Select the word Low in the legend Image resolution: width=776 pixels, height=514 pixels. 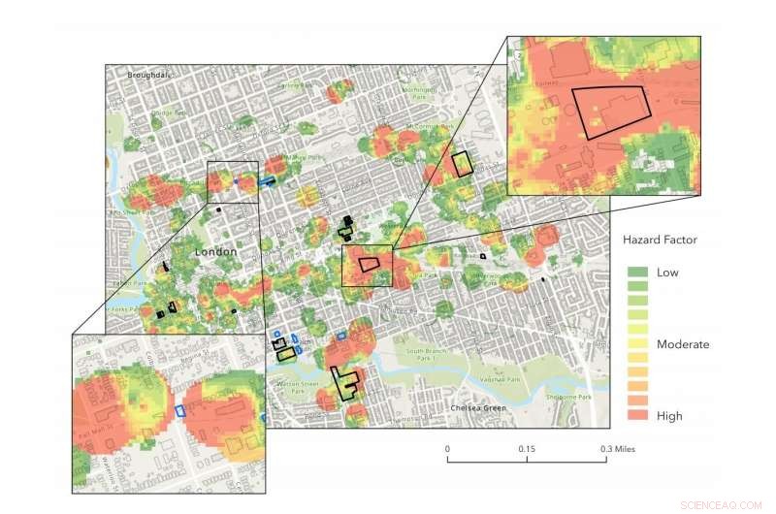click(667, 273)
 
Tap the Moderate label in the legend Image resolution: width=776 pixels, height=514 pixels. click(683, 344)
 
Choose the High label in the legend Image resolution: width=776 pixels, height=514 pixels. click(669, 416)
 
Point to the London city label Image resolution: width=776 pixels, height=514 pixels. click(215, 252)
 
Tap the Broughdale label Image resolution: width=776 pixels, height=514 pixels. click(148, 75)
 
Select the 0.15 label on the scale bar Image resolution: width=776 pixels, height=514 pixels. click(527, 449)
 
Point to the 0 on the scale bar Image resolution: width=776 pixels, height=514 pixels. click(447, 449)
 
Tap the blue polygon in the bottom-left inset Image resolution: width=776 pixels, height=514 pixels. click(179, 410)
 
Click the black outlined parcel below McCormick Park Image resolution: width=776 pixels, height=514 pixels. click(462, 163)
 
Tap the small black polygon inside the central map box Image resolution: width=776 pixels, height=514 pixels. click(370, 264)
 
